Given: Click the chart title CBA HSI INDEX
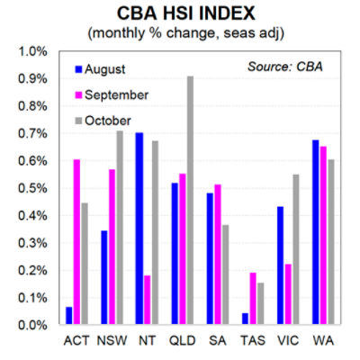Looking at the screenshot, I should pos(180,14).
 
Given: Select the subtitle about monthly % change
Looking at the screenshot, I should pos(180,33).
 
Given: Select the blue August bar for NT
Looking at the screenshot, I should pos(139,229).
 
